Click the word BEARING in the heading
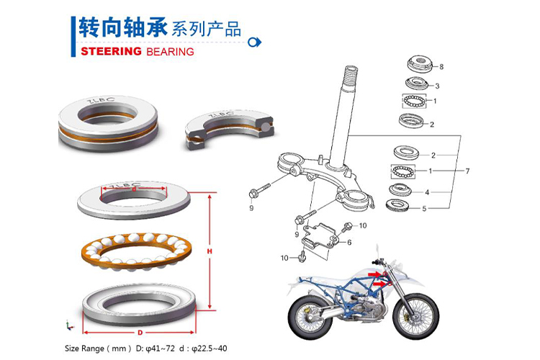tap(170, 52)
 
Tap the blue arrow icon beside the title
tap(253, 42)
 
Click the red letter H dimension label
tap(208, 251)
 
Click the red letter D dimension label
tap(140, 333)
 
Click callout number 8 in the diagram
tap(441, 67)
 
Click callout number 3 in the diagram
tap(438, 86)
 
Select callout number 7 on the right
tap(467, 171)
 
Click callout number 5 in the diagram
tap(425, 209)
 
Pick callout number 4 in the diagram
tap(427, 192)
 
